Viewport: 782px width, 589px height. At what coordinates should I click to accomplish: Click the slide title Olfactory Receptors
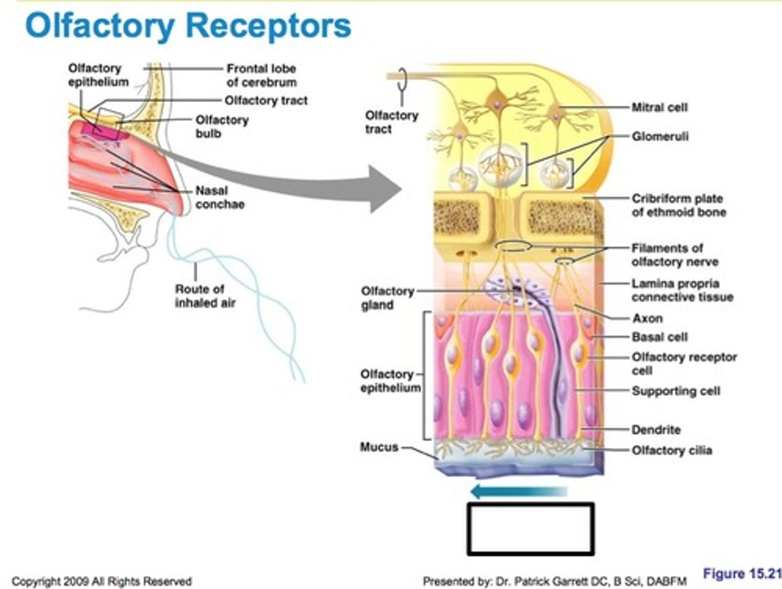188,26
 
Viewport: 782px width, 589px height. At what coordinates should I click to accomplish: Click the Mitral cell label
659,107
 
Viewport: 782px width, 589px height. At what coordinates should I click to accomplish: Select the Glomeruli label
660,136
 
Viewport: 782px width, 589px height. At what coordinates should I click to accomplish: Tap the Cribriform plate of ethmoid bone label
678,205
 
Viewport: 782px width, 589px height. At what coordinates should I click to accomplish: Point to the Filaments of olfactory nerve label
674,255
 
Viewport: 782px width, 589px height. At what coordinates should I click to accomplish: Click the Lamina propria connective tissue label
682,290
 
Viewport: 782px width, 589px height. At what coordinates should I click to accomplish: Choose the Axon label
647,318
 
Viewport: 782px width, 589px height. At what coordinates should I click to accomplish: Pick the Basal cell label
659,337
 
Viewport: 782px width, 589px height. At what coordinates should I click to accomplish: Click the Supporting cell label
676,391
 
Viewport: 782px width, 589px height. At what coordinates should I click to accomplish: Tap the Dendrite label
655,430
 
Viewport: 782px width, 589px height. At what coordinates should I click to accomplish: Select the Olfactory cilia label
671,450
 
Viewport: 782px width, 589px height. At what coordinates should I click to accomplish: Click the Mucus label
379,447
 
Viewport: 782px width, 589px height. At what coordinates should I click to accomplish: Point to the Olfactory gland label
387,298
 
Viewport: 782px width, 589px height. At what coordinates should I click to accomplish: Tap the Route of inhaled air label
205,296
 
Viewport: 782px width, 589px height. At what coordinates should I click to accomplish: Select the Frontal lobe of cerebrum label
261,75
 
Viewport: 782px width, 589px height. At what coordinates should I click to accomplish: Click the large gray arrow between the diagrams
304,185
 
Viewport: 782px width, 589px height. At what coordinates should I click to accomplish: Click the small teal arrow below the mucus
518,492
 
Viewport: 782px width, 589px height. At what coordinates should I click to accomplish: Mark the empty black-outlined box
531,529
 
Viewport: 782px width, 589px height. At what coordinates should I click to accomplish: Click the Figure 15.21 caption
741,574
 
